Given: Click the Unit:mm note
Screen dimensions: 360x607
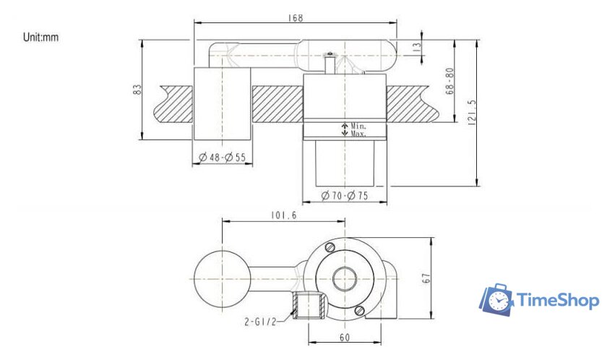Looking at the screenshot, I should point(41,37).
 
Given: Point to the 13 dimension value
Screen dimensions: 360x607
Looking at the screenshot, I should point(416,46).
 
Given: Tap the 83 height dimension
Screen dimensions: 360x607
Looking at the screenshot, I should point(137,89).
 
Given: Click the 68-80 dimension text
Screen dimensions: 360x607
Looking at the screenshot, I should point(449,82).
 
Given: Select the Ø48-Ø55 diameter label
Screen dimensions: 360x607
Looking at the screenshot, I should point(222,157).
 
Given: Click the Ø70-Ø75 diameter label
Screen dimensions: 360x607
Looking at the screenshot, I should point(345,195).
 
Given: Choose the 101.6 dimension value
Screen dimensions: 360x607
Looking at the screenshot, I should point(284,215).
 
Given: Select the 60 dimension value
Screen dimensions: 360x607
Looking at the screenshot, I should point(345,337).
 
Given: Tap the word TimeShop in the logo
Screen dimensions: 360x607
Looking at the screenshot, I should point(557,300).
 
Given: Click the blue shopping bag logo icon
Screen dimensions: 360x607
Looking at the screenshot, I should point(496,299).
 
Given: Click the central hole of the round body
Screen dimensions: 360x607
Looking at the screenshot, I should point(345,278).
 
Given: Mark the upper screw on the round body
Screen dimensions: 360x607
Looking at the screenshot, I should point(330,248).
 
